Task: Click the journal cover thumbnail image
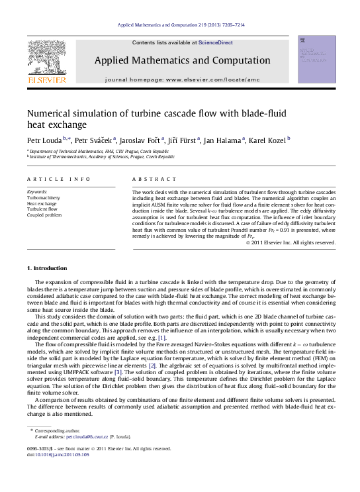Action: tap(316, 60)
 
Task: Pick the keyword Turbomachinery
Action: tap(43, 198)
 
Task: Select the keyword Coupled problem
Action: tap(44, 215)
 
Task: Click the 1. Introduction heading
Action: tap(47, 268)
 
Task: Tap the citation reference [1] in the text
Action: tap(162, 338)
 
